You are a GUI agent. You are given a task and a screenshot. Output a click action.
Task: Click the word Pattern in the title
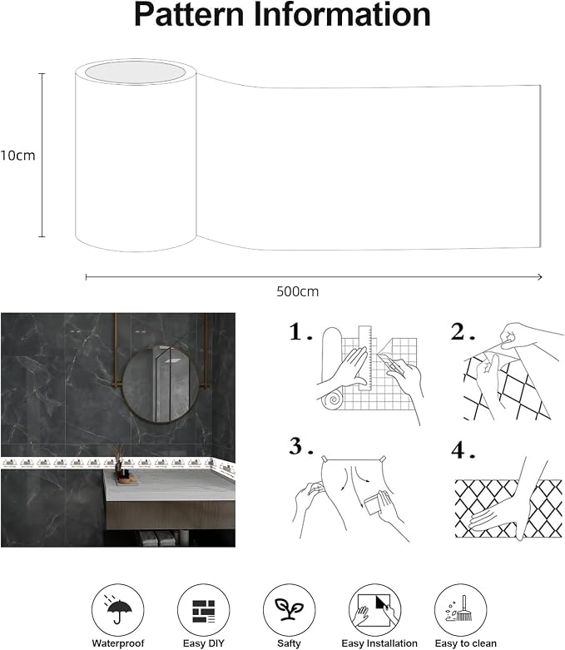pos(189,15)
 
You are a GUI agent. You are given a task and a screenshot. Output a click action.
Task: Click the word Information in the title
pos(342,15)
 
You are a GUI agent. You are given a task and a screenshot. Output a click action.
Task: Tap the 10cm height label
pos(17,156)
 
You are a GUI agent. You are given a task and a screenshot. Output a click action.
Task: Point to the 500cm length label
pos(298,291)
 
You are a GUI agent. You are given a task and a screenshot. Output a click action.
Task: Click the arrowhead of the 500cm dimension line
pos(540,276)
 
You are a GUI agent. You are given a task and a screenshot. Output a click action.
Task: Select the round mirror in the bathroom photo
pos(161,385)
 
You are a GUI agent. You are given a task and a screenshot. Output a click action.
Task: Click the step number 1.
pos(300,332)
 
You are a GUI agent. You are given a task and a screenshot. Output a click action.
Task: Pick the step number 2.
pos(463,332)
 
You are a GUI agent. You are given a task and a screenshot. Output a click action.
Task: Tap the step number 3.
pos(301,446)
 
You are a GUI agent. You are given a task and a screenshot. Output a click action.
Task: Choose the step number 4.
pos(463,450)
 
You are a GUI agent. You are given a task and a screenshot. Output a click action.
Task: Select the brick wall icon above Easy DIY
pos(204,611)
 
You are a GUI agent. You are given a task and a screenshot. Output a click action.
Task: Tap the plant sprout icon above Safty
pos(289,608)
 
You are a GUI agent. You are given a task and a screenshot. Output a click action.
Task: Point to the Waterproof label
pos(118,643)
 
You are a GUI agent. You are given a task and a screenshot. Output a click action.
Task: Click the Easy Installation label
pos(379,643)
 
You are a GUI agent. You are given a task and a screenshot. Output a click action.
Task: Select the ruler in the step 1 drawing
pos(365,358)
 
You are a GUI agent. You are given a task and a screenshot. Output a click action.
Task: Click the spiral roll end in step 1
pos(333,399)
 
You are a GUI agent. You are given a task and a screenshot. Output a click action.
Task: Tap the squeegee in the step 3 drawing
pos(374,503)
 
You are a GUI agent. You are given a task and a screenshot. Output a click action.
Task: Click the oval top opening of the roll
pos(135,72)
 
